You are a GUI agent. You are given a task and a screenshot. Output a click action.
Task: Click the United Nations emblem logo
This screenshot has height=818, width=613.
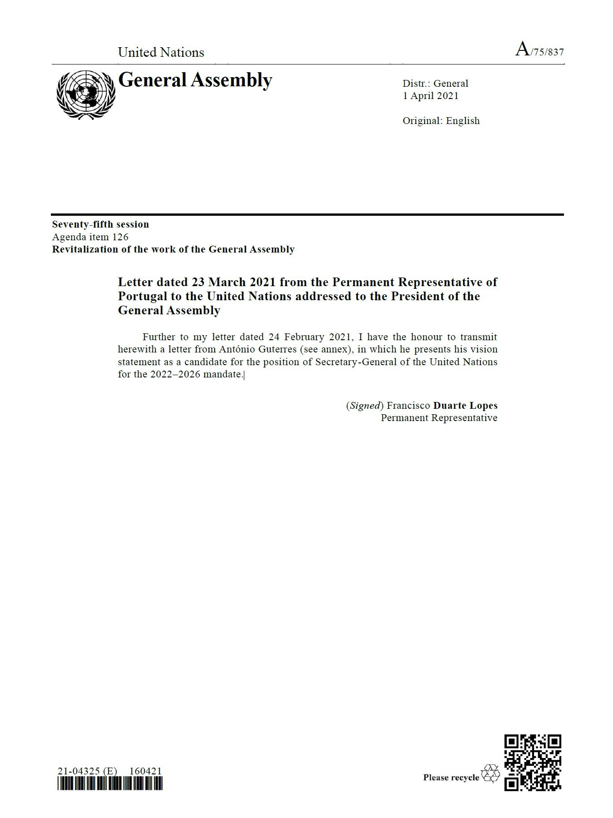tap(86, 95)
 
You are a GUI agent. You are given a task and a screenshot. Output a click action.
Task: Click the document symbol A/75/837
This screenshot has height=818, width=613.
tap(539, 50)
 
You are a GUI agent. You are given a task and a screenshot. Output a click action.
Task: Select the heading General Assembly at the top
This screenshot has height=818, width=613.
tap(195, 80)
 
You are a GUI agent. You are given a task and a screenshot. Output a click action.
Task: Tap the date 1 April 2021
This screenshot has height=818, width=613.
tap(430, 96)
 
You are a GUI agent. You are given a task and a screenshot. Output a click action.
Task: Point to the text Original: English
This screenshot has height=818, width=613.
tap(441, 121)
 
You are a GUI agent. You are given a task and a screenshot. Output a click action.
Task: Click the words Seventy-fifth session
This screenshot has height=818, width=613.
tap(100, 224)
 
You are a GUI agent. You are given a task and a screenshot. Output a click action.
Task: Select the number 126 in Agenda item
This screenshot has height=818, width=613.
tap(120, 237)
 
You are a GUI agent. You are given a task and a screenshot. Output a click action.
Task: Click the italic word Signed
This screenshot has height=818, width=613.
tap(365, 406)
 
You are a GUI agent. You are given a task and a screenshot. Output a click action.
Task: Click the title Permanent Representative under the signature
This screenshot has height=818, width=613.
tap(439, 418)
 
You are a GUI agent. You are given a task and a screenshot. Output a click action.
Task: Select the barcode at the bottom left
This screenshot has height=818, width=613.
tap(110, 783)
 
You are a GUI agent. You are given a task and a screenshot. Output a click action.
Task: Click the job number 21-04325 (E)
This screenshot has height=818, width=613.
tap(87, 771)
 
